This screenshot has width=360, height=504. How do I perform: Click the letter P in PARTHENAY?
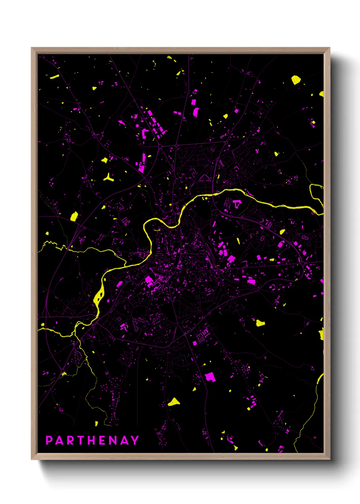tap(49, 440)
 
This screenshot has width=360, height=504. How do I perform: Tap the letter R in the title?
tap(70, 440)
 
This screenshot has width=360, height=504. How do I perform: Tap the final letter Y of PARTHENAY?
tap(135, 440)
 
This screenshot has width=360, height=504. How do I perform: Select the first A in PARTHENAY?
tap(60, 440)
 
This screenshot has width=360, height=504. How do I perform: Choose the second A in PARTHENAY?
tap(124, 440)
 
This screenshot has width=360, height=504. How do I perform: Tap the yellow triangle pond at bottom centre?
tap(174, 402)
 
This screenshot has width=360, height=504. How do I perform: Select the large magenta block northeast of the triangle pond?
tap(210, 377)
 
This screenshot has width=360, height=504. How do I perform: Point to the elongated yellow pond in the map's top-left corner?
tap(54, 77)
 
